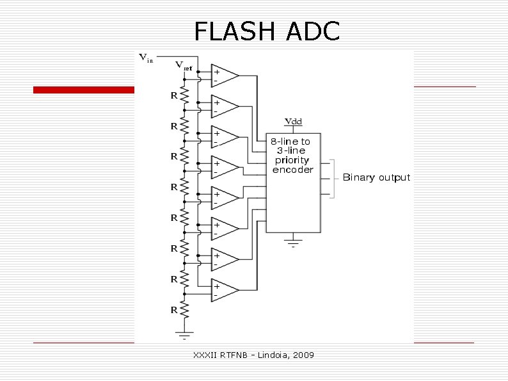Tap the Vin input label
(146, 58)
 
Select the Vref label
(184, 65)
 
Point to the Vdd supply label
(293, 121)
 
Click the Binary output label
(376, 177)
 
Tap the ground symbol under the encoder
(293, 241)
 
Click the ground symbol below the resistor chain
(186, 334)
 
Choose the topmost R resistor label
(173, 95)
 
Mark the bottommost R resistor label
(173, 310)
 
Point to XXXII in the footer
(204, 355)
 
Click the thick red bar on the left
(83, 90)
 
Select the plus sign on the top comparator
(217, 72)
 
